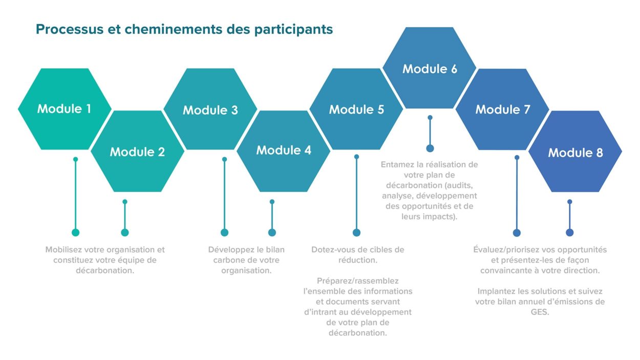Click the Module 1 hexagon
click(x=65, y=109)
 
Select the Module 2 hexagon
click(x=137, y=151)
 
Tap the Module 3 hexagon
click(x=210, y=109)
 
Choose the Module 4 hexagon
click(x=284, y=151)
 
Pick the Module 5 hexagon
click(x=356, y=109)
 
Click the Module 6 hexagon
click(x=430, y=68)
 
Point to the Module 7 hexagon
click(x=502, y=109)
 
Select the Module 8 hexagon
click(x=575, y=152)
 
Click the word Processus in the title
click(x=70, y=29)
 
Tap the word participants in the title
click(x=293, y=30)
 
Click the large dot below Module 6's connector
click(x=430, y=149)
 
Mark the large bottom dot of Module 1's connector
click(x=75, y=232)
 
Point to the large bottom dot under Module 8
click(x=570, y=232)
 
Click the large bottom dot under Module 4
click(x=272, y=232)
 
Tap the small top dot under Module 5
click(x=356, y=157)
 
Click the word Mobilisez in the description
click(x=63, y=249)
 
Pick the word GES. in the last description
click(x=540, y=312)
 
